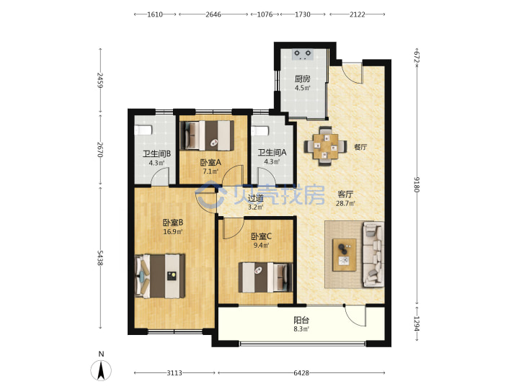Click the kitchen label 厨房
pos(303,79)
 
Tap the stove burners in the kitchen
pos(303,54)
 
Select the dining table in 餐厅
pos(326,146)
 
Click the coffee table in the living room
pos(345,255)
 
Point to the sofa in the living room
pos(373,254)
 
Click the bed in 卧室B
pos(160,276)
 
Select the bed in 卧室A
pos(207,135)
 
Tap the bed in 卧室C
pos(265,277)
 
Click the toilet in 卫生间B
pos(143,130)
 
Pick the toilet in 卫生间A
pos(259,131)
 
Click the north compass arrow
pos(101,370)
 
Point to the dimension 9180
pos(417,184)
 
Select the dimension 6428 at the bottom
pos(301,373)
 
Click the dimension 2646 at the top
pos(213,14)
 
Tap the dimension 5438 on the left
pos(100,257)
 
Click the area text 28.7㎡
pos(345,203)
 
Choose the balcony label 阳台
pos(301,320)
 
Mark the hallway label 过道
pos(255,199)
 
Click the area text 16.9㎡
pos(172,231)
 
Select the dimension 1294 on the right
pos(417,323)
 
